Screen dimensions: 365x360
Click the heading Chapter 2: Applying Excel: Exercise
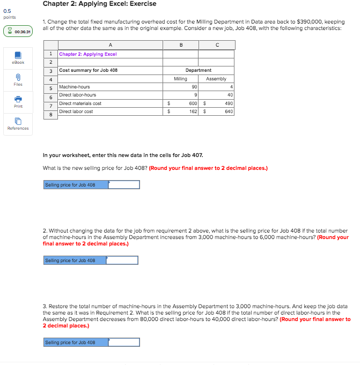pyautogui.click(x=99, y=4)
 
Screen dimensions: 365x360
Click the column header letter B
pyautogui.click(x=181, y=46)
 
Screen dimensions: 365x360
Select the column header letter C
pyautogui.click(x=216, y=46)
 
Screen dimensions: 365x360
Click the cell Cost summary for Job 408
pyautogui.click(x=89, y=70)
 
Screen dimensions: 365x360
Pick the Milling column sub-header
pyautogui.click(x=181, y=79)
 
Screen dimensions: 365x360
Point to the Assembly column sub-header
pyautogui.click(x=216, y=79)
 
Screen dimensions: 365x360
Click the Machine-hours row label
pyautogui.click(x=75, y=87)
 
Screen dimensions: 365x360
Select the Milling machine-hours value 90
pyautogui.click(x=194, y=87)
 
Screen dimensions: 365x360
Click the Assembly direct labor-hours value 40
pyautogui.click(x=230, y=95)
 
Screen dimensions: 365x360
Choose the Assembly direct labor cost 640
pyautogui.click(x=229, y=111)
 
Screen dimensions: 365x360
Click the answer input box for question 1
pyautogui.click(x=124, y=185)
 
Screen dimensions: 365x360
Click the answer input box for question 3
pyautogui.click(x=124, y=342)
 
